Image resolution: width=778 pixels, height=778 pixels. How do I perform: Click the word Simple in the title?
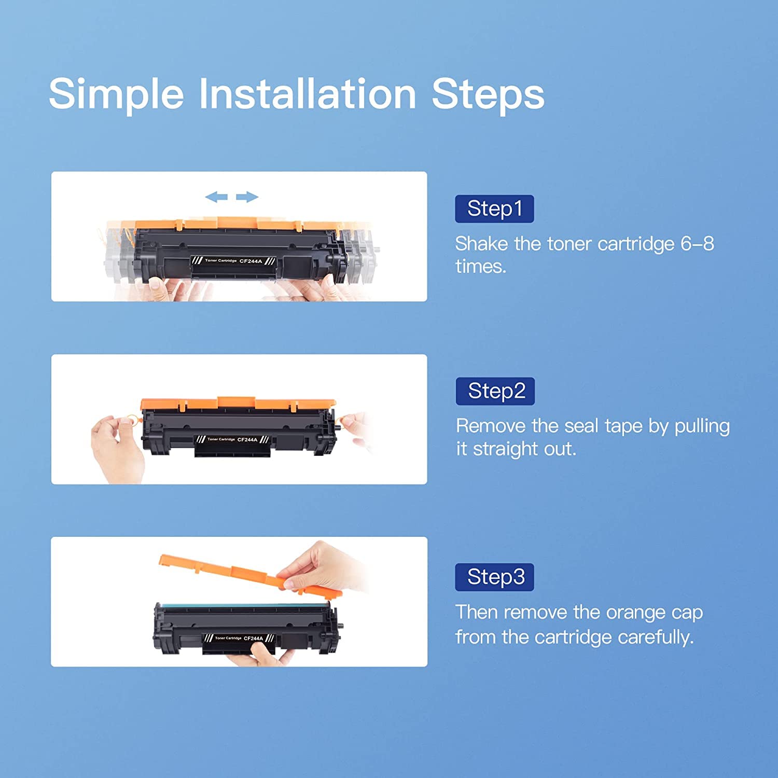coord(116,94)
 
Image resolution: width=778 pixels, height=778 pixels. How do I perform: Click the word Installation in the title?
coord(308,94)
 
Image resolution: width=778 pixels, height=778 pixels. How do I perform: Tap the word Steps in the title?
coord(488,94)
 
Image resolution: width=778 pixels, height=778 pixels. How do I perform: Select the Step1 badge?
coord(494,209)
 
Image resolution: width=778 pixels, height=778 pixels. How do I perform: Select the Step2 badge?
coord(495,391)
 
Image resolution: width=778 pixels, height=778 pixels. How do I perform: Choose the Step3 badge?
coord(494,577)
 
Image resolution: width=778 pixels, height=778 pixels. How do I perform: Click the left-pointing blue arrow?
coord(216,197)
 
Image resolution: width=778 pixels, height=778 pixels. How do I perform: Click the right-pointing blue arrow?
coord(247,197)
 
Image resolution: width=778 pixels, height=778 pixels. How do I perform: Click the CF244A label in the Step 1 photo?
coord(251,261)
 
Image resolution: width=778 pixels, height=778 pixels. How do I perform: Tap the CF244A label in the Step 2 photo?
coord(247,439)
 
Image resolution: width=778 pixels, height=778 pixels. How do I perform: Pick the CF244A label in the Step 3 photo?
coord(253,638)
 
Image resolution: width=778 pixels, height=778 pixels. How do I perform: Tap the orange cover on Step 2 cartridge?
coord(238,404)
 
